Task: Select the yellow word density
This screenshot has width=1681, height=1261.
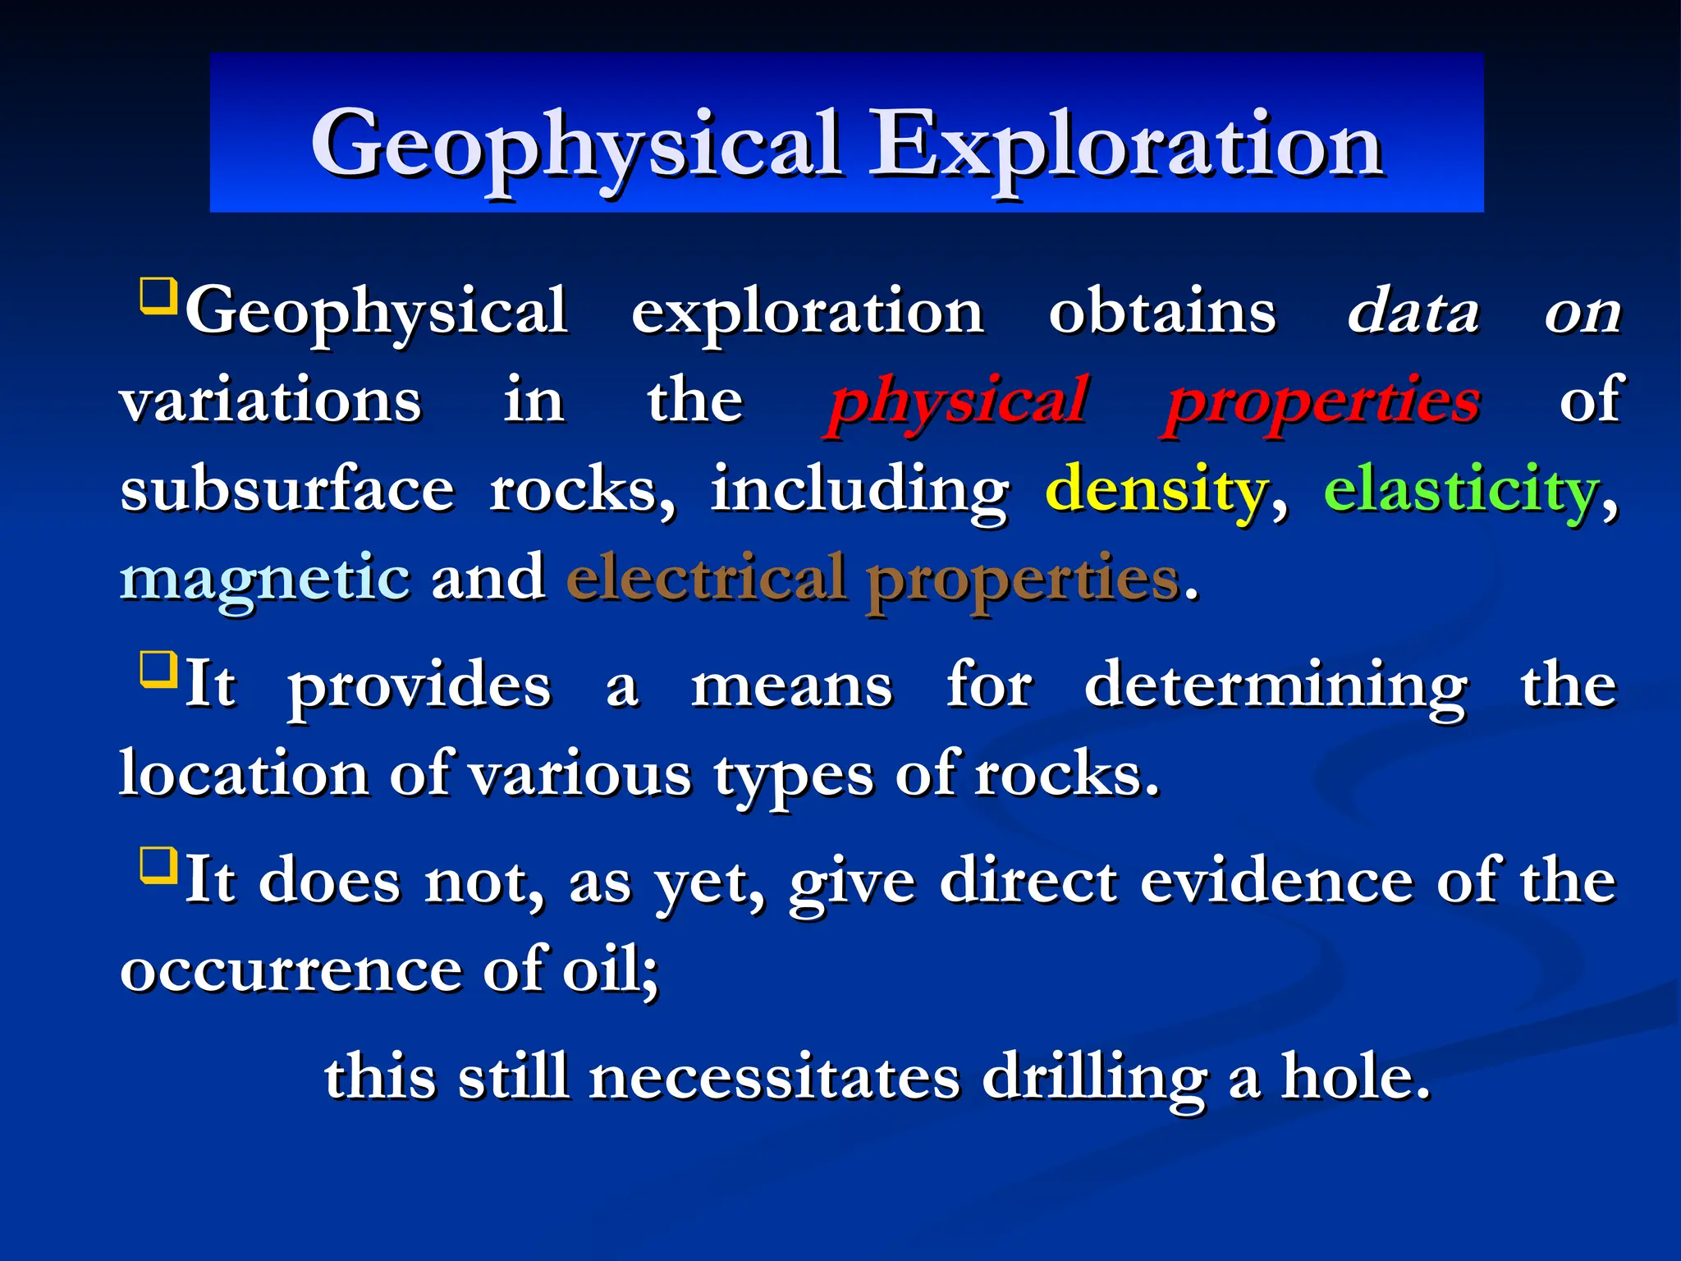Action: pyautogui.click(x=1157, y=490)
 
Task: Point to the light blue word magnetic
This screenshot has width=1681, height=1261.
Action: pyautogui.click(x=265, y=580)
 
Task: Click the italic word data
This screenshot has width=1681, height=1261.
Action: pyautogui.click(x=1413, y=313)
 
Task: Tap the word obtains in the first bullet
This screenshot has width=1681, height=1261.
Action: pyautogui.click(x=1162, y=313)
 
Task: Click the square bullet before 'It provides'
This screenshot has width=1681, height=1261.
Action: pyautogui.click(x=158, y=669)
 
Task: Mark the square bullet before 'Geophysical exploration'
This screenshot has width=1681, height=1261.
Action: pyautogui.click(x=158, y=296)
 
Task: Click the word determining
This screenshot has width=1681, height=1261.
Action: pyautogui.click(x=1276, y=686)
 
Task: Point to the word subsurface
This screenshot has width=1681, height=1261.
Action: pyautogui.click(x=287, y=490)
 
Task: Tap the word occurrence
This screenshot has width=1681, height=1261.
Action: pyautogui.click(x=291, y=970)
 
